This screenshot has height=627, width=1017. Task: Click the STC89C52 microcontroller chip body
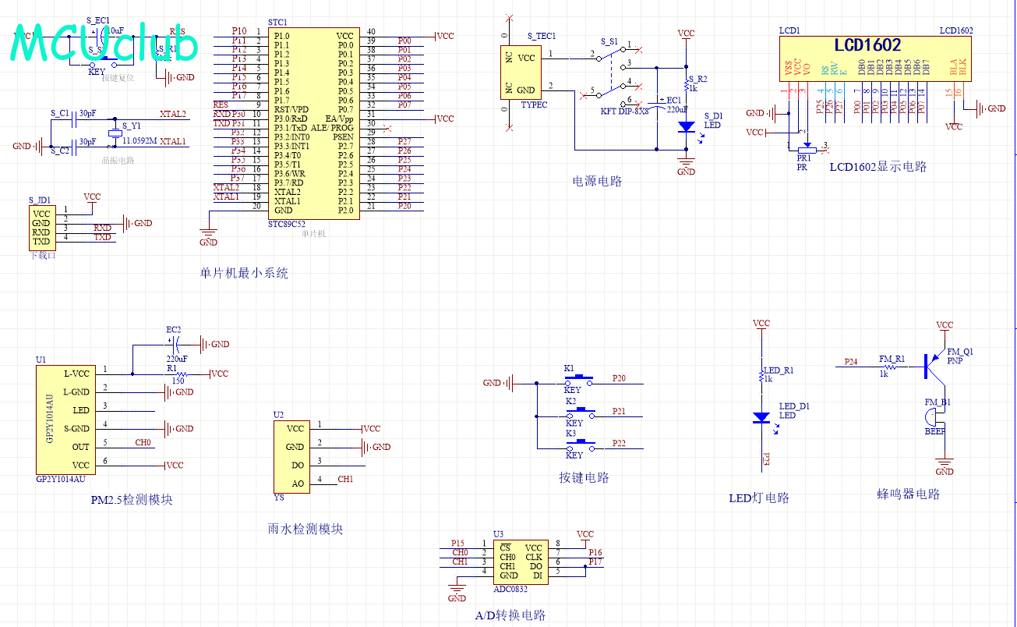(x=313, y=123)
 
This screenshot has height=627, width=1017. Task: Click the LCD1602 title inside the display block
(x=867, y=45)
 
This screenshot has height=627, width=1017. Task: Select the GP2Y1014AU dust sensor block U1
(x=62, y=419)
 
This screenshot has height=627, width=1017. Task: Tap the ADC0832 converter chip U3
(x=521, y=561)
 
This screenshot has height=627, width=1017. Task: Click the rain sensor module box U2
(x=289, y=456)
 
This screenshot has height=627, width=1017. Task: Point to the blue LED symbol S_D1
(x=686, y=126)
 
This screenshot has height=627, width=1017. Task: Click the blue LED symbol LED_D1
(x=761, y=417)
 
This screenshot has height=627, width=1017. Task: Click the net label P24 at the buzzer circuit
(x=851, y=362)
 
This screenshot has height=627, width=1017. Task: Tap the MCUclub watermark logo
(x=105, y=45)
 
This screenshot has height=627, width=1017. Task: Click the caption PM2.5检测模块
(x=131, y=500)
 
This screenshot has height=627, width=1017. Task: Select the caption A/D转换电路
(x=510, y=615)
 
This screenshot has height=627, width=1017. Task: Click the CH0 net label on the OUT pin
(x=143, y=442)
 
